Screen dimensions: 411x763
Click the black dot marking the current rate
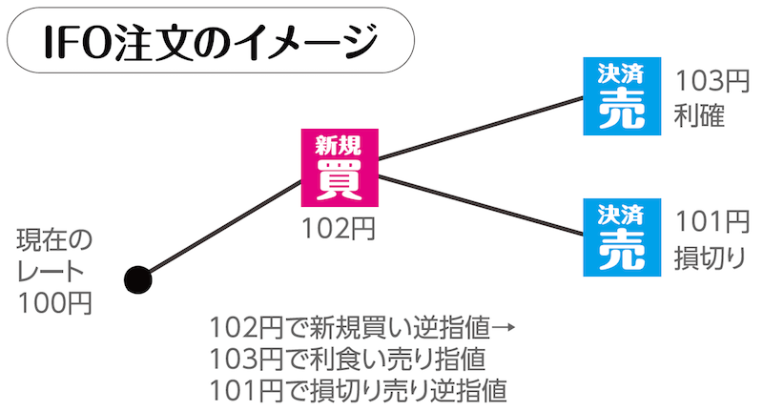[139, 279]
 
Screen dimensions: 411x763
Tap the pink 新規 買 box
[339, 168]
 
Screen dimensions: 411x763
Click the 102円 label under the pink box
[339, 229]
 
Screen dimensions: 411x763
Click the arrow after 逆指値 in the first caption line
[505, 329]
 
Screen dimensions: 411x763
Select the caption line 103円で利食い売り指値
[349, 360]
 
